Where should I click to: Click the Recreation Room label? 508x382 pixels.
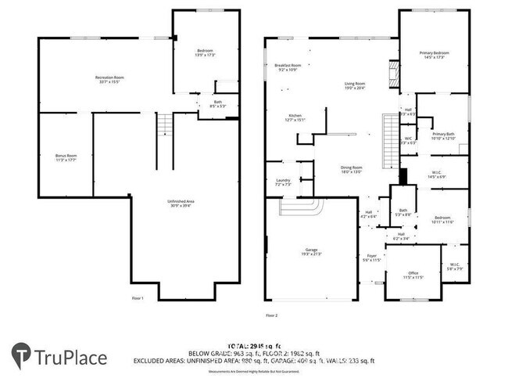coord(110,78)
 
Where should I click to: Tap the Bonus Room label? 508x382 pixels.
coord(66,157)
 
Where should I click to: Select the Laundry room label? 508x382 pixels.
coord(283,182)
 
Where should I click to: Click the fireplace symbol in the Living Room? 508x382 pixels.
coord(393,76)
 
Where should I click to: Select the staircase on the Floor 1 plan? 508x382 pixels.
coord(164,124)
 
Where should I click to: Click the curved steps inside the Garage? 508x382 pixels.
coord(301,210)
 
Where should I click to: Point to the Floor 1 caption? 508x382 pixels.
coord(138,298)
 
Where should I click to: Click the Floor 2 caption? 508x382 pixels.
coord(271,315)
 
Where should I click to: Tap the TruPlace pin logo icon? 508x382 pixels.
coord(21,357)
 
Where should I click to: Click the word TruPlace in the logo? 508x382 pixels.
coord(71,358)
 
